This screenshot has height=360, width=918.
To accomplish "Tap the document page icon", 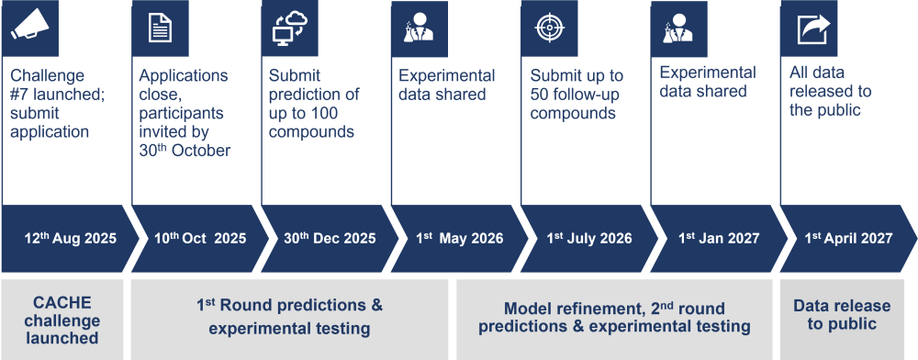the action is point(160,28).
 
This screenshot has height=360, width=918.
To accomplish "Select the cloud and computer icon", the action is point(290,28).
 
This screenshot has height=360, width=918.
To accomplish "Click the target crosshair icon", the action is point(550,28).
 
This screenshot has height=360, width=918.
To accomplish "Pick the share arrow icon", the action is point(813,28).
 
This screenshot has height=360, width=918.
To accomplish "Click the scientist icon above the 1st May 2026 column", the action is point(419,28).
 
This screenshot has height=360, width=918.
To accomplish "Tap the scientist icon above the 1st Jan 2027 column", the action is point(677,28).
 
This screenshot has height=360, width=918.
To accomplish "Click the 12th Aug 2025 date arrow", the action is point(71,238).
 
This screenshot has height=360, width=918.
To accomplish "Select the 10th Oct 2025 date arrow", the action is point(200,238).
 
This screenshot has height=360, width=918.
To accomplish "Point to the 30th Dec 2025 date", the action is point(330,238).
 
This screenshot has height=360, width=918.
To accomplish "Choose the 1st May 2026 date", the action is point(460,238).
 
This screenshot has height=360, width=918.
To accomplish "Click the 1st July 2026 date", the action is point(589,238).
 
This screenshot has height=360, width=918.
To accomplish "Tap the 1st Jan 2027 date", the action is point(719,238).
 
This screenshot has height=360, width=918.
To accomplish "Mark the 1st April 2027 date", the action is point(849,238).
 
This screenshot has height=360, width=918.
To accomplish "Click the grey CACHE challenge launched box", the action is point(62,320).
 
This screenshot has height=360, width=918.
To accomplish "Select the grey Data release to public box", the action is point(842,320).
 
